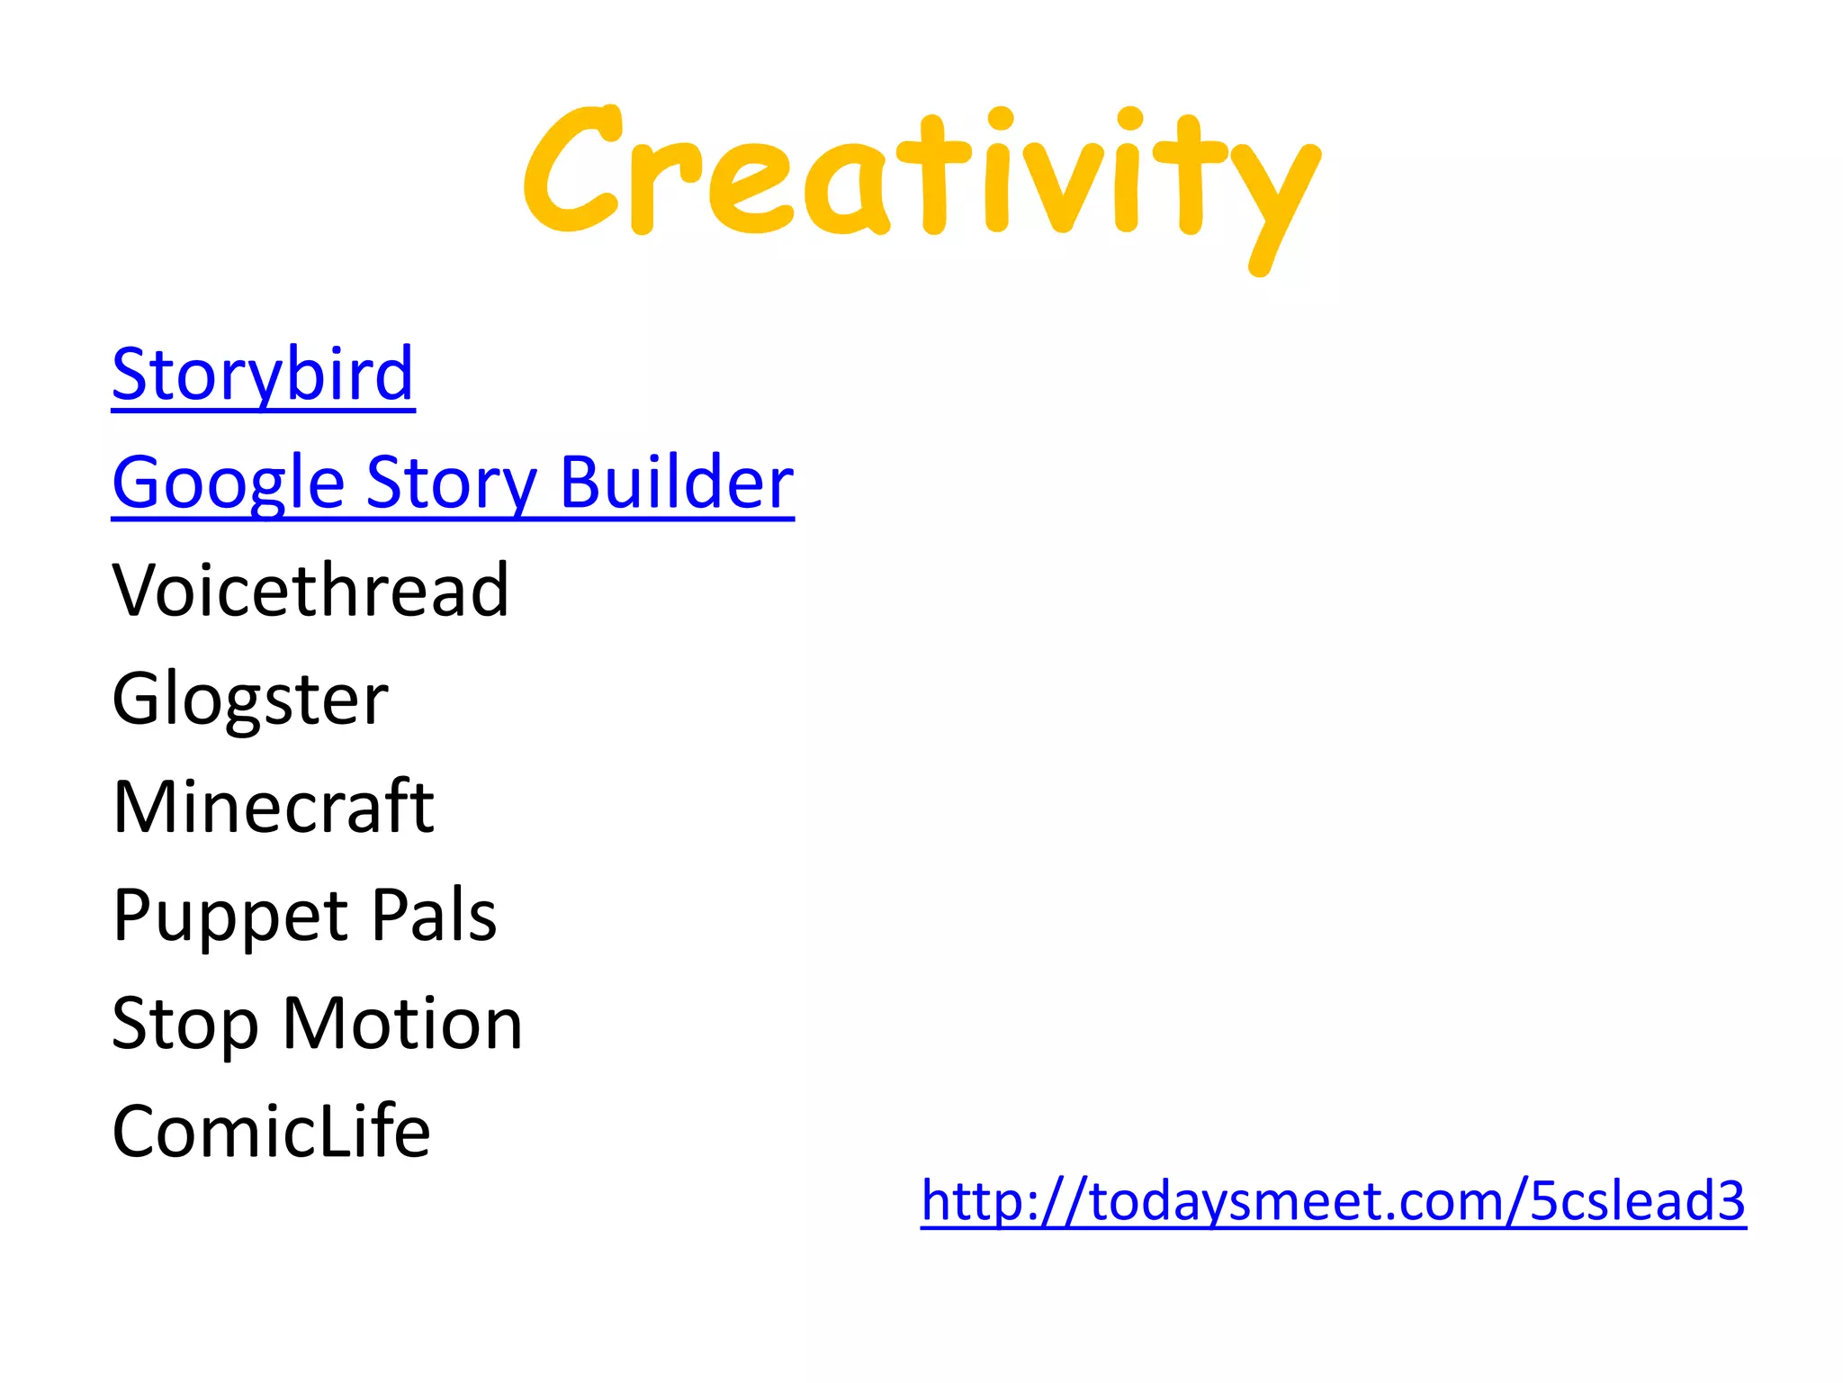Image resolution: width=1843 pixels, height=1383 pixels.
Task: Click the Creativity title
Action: [x=921, y=176]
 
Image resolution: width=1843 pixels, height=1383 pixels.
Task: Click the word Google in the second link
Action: [x=229, y=484]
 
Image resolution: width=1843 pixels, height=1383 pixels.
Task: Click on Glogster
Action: [x=250, y=699]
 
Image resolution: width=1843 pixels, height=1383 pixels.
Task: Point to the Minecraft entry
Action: [x=274, y=807]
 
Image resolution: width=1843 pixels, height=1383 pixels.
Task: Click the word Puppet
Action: [x=230, y=917]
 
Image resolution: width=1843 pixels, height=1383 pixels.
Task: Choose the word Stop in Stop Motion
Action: [x=185, y=1025]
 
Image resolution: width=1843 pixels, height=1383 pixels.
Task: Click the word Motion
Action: [x=402, y=1024]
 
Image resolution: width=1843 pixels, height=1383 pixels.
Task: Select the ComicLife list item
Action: [x=271, y=1132]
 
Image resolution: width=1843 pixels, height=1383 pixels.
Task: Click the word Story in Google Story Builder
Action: [x=451, y=484]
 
